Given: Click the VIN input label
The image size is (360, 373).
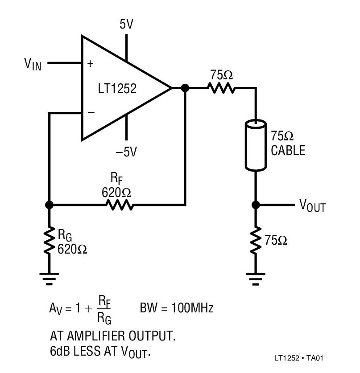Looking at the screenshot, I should click(33, 64).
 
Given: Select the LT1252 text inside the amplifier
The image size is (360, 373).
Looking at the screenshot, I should click(117, 88).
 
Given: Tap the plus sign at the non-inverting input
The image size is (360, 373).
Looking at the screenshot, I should click(91, 64).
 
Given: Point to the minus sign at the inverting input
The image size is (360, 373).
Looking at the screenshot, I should click(91, 113).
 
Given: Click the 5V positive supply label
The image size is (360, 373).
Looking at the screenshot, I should click(127, 24).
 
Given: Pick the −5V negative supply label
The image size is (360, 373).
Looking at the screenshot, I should click(126, 152).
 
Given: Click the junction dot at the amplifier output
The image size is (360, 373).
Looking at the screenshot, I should click(185, 88).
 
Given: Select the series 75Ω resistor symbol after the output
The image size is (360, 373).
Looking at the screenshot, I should click(221, 88).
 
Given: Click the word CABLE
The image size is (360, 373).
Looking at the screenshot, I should click(288, 151).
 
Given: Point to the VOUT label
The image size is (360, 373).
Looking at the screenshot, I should click(312, 205).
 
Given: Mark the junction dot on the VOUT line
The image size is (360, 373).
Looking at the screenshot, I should click(256, 205).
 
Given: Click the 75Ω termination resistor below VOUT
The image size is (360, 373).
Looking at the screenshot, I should click(256, 241).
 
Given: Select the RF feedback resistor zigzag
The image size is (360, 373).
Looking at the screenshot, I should click(119, 205).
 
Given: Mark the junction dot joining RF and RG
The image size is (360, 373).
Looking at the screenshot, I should click(50, 205).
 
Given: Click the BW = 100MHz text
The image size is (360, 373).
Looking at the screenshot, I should click(177, 308).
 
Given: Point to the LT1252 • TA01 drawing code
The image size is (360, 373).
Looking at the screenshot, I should click(299, 358).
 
